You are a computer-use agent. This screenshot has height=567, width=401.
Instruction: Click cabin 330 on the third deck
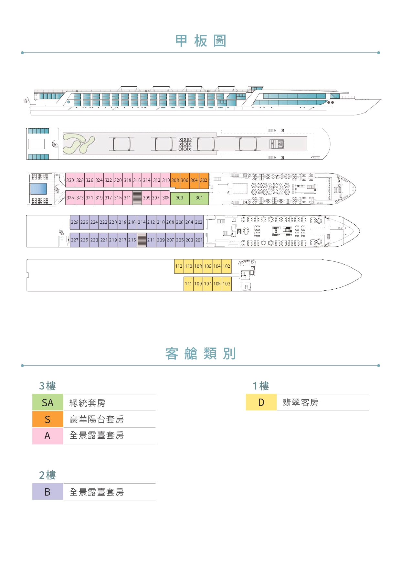[70, 180]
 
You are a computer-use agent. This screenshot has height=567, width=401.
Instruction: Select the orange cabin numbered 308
[175, 180]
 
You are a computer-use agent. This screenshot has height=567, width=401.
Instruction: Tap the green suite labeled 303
[180, 198]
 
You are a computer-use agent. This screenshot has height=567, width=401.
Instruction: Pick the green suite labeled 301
[199, 198]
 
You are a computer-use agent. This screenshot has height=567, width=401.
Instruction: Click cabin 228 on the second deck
[75, 222]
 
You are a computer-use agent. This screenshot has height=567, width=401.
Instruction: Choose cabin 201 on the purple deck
[199, 240]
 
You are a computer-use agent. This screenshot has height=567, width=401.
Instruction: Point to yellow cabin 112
[179, 266]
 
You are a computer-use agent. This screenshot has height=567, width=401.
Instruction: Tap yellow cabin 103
[227, 283]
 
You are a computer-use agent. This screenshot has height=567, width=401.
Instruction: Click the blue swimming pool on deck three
[38, 189]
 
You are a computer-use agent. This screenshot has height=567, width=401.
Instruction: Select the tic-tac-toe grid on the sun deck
[185, 144]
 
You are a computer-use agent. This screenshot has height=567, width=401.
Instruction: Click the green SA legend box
[48, 402]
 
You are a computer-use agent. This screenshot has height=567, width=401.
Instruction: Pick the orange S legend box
[48, 419]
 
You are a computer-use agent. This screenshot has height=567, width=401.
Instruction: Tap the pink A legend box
[48, 436]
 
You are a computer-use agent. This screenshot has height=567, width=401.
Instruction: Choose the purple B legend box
[48, 492]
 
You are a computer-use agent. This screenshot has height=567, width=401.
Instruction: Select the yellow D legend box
[261, 402]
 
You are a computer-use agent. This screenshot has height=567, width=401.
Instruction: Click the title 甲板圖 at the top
[201, 41]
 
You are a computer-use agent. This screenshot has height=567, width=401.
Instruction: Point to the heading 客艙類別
[201, 354]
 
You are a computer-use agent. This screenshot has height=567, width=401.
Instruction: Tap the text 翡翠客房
[301, 402]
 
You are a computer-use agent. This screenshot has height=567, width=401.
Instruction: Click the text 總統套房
[87, 403]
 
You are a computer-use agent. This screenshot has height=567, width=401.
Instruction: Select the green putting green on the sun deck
[79, 144]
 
